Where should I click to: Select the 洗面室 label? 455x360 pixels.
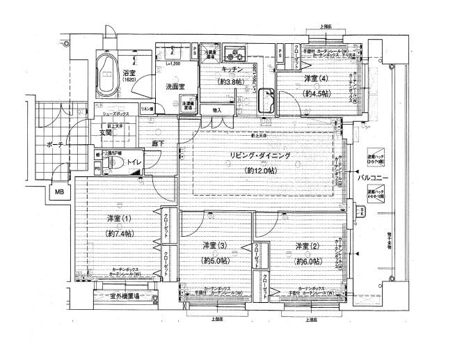(x=176, y=87)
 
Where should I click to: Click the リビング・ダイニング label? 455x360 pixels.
(x=261, y=156)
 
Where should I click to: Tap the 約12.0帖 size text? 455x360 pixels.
(x=261, y=170)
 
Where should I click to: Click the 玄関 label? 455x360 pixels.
(x=106, y=132)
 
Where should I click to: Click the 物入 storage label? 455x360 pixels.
(x=216, y=110)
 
